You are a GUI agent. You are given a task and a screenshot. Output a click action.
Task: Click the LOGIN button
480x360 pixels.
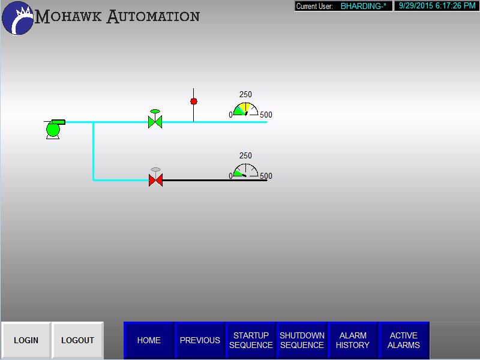[26, 340]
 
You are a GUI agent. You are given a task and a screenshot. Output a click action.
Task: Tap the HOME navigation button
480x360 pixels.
[149, 340]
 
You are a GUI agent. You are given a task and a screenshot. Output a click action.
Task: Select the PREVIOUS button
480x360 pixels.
[200, 340]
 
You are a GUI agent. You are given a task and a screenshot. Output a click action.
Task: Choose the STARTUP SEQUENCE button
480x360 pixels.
[251, 340]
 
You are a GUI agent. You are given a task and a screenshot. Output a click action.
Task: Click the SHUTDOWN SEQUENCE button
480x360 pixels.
[302, 340]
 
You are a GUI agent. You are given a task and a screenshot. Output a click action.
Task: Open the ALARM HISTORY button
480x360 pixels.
[353, 340]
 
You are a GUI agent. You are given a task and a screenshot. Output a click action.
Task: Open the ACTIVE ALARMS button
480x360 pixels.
[404, 340]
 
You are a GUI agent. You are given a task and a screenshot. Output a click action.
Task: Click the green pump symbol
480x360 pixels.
[54, 129]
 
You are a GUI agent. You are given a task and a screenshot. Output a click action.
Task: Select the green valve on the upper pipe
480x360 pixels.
[155, 119]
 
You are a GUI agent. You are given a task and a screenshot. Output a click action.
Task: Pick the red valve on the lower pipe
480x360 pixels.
[155, 177]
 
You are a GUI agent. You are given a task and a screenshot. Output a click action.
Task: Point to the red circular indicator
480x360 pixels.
[193, 101]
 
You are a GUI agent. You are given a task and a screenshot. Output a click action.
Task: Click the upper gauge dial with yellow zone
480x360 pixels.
[245, 109]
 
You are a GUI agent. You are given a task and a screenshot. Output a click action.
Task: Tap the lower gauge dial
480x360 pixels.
[245, 170]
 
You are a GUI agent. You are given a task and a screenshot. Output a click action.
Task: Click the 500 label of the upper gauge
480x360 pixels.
[266, 115]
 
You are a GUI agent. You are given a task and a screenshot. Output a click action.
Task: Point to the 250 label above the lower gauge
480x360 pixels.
[245, 155]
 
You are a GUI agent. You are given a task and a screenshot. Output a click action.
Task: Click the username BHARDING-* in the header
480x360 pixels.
[364, 6]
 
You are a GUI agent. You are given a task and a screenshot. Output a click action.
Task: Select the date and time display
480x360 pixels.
[437, 6]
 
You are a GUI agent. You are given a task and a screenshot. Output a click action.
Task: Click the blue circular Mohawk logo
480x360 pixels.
[18, 18]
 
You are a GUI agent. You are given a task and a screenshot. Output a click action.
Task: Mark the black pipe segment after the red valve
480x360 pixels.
[215, 181]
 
